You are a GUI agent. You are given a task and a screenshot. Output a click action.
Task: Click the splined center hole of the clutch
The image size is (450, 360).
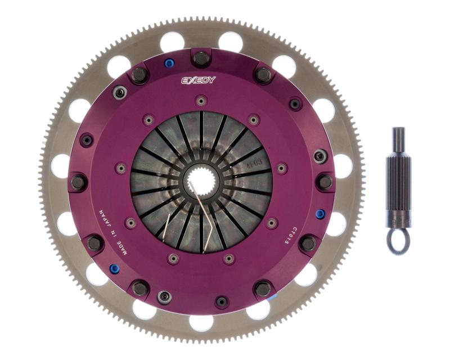[x=201, y=181]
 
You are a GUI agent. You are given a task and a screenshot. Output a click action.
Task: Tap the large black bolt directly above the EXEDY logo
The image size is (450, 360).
[x=201, y=58]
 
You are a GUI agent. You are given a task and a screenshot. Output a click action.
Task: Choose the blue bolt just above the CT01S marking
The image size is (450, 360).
[x=319, y=214]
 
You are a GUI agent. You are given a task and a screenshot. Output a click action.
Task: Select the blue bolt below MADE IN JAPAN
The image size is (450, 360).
[x=114, y=268]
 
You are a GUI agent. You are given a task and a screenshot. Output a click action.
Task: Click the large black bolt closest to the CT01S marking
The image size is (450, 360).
[x=308, y=243]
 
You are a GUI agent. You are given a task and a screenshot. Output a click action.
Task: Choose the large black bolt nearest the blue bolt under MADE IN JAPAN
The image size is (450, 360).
[x=94, y=242]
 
